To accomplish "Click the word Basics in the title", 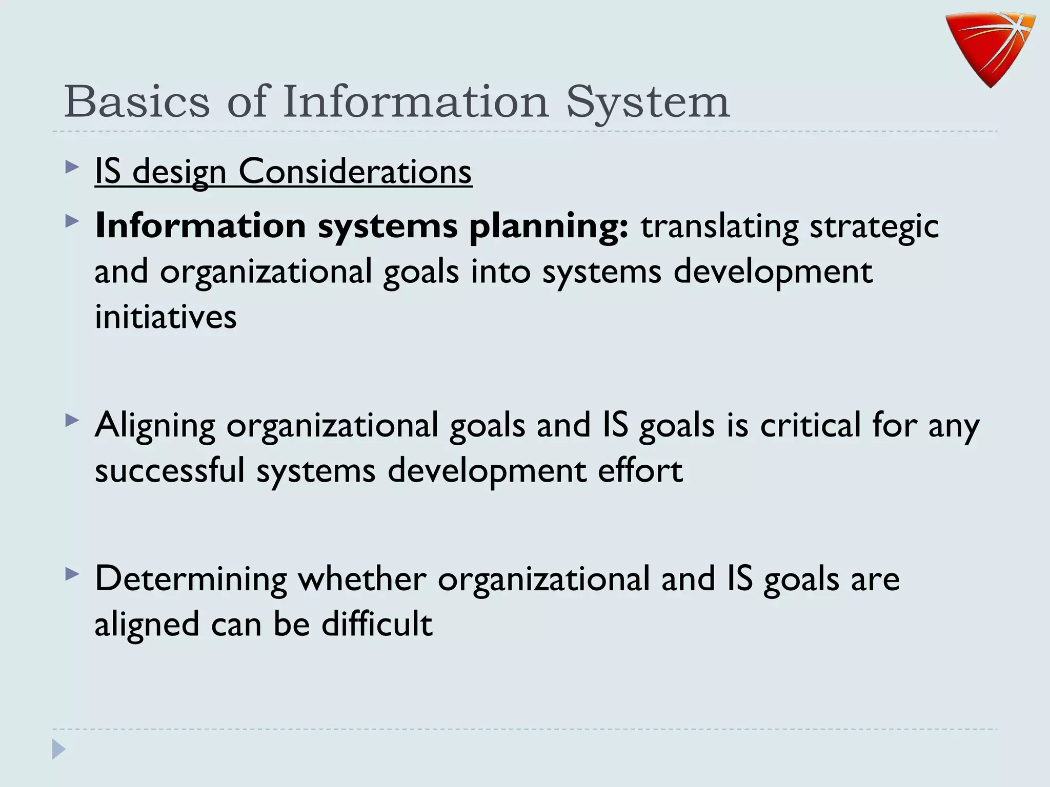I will click(x=137, y=101).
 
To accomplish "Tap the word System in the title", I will click(x=648, y=102).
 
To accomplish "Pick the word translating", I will click(x=719, y=226).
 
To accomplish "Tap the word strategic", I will click(x=874, y=226).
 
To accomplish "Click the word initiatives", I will click(x=166, y=317).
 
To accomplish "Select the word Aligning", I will click(x=155, y=426).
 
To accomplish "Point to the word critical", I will click(x=810, y=425).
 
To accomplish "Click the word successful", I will click(x=170, y=470).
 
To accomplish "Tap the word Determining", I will click(x=191, y=579).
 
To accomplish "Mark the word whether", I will click(x=362, y=578).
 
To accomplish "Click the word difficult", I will click(x=377, y=624).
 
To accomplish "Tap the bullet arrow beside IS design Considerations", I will click(x=72, y=167).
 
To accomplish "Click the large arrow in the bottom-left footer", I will click(x=58, y=749).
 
